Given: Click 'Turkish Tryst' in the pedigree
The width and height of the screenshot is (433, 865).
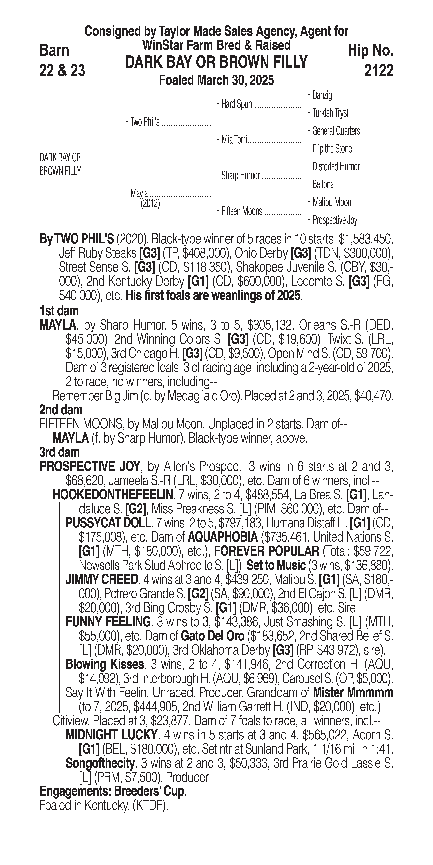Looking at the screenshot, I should click(x=330, y=113).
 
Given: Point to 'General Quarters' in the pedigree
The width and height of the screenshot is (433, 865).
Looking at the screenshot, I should click(x=336, y=131).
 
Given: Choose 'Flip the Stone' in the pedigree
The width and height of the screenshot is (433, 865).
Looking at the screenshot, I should click(x=332, y=149).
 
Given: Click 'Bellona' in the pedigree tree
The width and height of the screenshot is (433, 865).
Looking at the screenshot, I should click(x=323, y=184).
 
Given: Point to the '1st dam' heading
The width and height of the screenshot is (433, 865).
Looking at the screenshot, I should click(x=59, y=311).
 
